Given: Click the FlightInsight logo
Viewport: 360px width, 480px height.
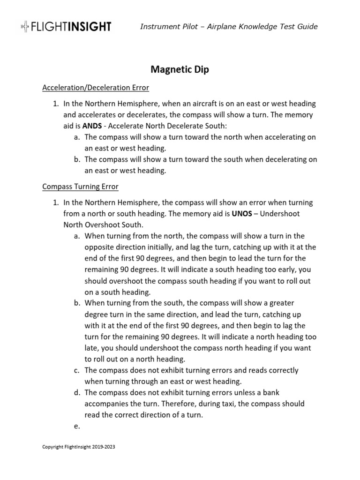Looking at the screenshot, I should pyautogui.click(x=66, y=27).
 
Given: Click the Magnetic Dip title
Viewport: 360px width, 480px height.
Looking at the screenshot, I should pyautogui.click(x=180, y=69).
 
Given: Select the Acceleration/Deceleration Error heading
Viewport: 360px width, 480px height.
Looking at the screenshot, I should pyautogui.click(x=96, y=88).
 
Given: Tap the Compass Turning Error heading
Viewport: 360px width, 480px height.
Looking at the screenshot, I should pyautogui.click(x=80, y=187).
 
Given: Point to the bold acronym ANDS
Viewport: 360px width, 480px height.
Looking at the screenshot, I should pyautogui.click(x=92, y=126).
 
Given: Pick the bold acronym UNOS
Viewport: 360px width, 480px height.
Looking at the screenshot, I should pyautogui.click(x=242, y=213).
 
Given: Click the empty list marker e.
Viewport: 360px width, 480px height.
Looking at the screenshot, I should pyautogui.click(x=76, y=426).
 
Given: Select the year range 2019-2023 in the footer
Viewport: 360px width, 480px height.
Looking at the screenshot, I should pyautogui.click(x=101, y=447).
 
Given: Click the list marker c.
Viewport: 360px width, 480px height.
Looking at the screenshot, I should pyautogui.click(x=76, y=370).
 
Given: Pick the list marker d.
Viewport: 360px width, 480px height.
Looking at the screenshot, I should pyautogui.click(x=76, y=392).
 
